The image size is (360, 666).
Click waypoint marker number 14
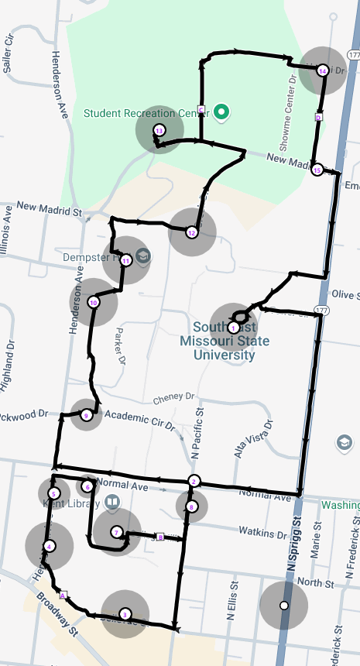(x=322, y=70)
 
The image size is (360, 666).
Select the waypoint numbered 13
(x=159, y=130)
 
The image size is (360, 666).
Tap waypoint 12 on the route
(x=191, y=232)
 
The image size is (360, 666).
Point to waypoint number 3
(x=125, y=614)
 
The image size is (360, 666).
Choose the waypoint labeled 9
(x=86, y=416)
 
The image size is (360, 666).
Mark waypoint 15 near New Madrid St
(x=316, y=170)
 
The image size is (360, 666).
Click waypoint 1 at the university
(x=233, y=328)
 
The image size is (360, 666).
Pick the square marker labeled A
(x=63, y=595)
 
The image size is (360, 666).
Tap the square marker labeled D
(x=318, y=117)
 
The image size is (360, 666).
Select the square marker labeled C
(x=201, y=109)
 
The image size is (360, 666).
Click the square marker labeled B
(x=160, y=536)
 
